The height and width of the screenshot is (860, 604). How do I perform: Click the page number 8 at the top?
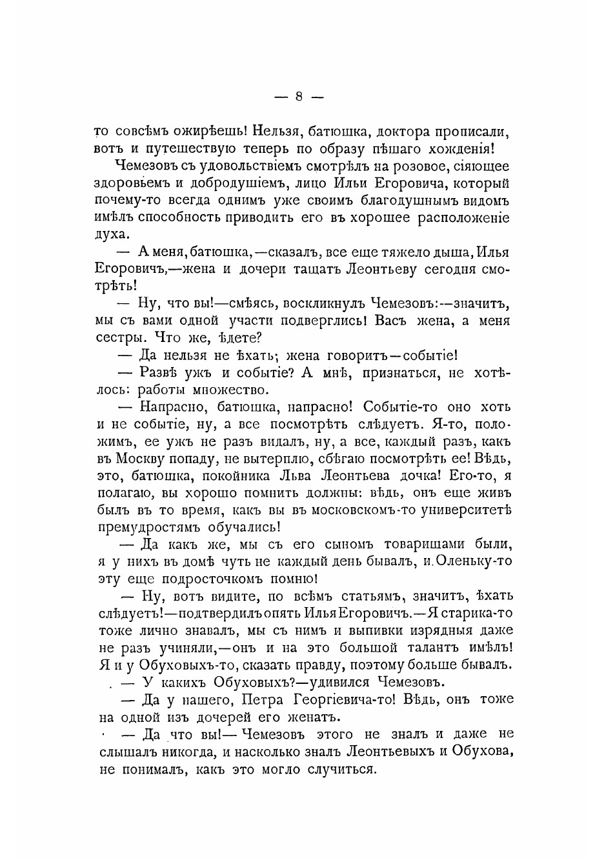[x=299, y=97]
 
